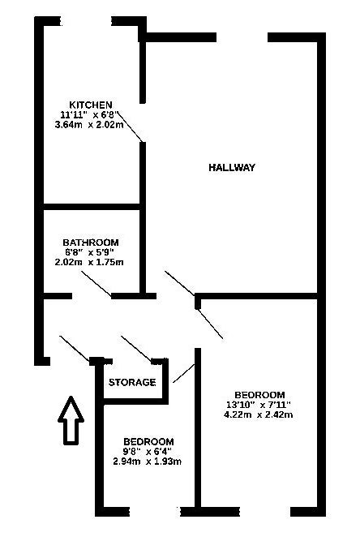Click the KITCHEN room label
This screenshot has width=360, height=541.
coord(91,105)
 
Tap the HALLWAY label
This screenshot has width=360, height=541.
coord(232,167)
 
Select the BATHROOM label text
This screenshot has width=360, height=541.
coord(90,242)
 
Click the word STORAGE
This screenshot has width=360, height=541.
coord(132,382)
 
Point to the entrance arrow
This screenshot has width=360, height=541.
coord(71,419)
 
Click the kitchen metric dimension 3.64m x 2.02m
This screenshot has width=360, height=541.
coord(89,125)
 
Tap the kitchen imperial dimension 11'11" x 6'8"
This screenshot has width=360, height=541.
coord(89,114)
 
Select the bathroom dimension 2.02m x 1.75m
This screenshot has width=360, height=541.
coord(89,262)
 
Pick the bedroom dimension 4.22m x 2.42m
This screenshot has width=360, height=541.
coord(259,414)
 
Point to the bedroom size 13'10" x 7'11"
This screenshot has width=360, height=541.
coord(259,405)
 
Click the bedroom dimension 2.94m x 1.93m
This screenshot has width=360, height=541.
coord(148,462)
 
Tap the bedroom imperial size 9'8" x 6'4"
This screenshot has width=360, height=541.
coord(148,451)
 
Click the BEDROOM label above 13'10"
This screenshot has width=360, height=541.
coord(259,394)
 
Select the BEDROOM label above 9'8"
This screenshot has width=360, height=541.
coord(148,441)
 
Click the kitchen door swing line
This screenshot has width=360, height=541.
coord(130,127)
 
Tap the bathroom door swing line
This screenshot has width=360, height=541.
coord(96,284)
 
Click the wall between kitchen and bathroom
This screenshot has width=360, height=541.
coord(92,207)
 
